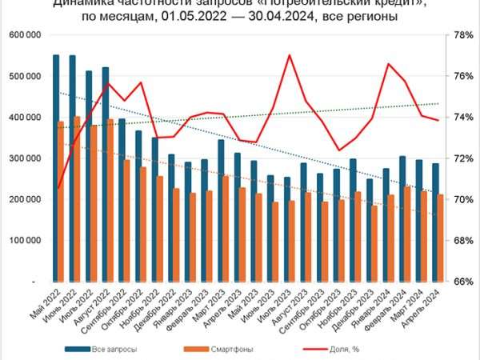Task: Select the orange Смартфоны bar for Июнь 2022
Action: (77, 200)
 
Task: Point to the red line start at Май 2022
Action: (59, 188)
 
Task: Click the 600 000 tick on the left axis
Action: (26, 35)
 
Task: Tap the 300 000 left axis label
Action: (26, 158)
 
